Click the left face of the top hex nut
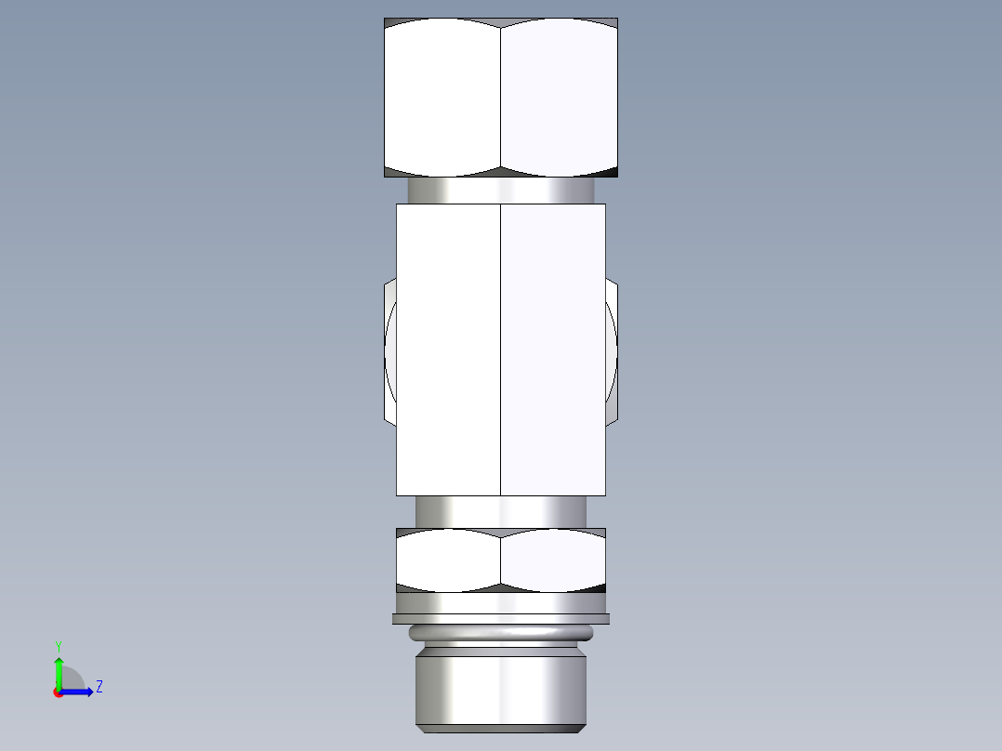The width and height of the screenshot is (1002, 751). pyautogui.click(x=442, y=98)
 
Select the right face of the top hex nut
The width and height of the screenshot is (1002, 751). pyautogui.click(x=559, y=98)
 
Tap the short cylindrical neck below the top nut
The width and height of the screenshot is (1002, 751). pyautogui.click(x=501, y=191)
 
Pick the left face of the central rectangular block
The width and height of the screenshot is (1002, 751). pyautogui.click(x=448, y=349)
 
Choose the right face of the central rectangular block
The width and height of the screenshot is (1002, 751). pyautogui.click(x=553, y=349)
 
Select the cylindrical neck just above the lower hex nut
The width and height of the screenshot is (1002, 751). pyautogui.click(x=501, y=511)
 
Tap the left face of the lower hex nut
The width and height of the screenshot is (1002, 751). pyautogui.click(x=448, y=560)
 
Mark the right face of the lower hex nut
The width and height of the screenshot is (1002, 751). pyautogui.click(x=553, y=560)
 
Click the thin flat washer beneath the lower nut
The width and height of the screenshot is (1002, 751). pyautogui.click(x=501, y=618)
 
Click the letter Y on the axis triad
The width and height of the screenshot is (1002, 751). pyautogui.click(x=58, y=645)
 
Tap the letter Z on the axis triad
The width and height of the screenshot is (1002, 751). pyautogui.click(x=99, y=687)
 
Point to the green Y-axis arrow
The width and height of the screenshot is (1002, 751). pyautogui.click(x=59, y=669)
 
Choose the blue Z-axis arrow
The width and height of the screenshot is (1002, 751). pyautogui.click(x=79, y=692)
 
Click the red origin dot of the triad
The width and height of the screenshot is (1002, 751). pyautogui.click(x=59, y=692)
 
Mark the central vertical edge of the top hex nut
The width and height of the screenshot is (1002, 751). pyautogui.click(x=501, y=98)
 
